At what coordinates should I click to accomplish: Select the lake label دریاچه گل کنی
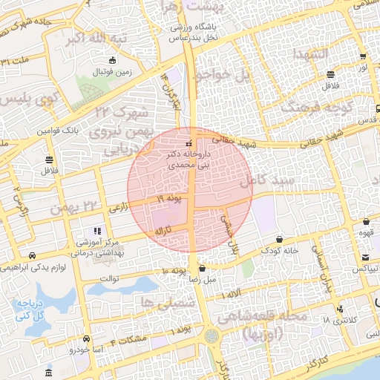point(34,309)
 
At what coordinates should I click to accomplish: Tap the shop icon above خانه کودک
point(279,239)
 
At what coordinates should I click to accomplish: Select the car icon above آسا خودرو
point(88,338)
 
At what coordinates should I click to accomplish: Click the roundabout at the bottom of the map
point(214,336)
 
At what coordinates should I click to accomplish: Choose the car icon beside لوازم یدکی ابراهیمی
point(30,255)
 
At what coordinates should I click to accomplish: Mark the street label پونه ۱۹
point(169,200)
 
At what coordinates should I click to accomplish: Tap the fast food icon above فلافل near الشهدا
point(331,74)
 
